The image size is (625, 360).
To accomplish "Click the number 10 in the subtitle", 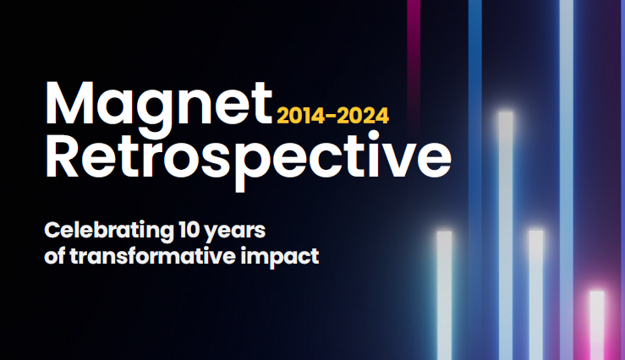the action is point(189,230).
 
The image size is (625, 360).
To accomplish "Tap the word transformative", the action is point(153,256).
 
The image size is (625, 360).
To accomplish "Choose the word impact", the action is point(280,257).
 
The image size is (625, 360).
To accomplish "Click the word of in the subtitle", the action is point(55,256).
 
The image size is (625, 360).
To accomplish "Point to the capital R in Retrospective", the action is point(62,155).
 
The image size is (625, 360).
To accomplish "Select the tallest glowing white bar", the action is point(506,236).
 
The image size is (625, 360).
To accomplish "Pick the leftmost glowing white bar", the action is point(444,296).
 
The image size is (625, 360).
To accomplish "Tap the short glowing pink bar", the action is point(597,325).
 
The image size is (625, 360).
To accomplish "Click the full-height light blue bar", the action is point(567,180).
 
